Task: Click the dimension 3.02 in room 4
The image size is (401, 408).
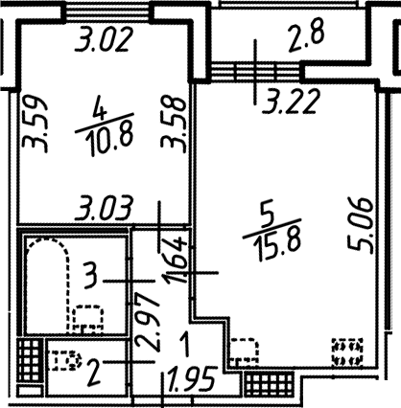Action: coord(103,39)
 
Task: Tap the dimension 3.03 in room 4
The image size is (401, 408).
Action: coord(104,208)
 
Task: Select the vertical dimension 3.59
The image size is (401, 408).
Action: coord(35,123)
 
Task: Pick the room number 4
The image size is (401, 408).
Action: coord(99,108)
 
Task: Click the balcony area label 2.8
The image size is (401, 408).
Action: coord(306,35)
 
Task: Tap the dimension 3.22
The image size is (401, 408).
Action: coord(291,102)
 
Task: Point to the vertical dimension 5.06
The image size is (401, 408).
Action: coord(361,225)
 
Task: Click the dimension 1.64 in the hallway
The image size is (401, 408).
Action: coord(176,260)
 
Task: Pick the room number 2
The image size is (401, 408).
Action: coord(95,372)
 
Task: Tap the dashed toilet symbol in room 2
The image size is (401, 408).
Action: coord(65,360)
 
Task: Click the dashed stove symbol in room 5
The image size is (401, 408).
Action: coord(347,351)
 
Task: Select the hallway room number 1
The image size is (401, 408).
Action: coord(184,344)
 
